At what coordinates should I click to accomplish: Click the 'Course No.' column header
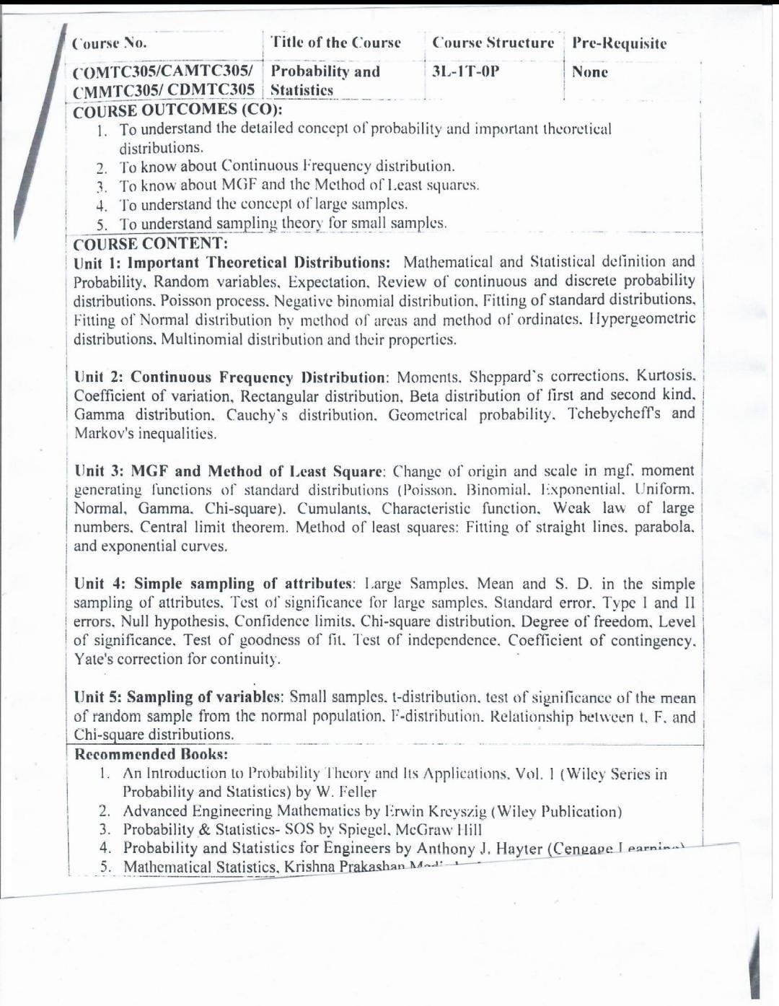110,43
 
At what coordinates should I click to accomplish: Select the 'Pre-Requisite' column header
619,43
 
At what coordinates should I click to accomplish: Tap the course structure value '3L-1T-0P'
465,71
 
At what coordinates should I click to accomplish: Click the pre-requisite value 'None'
589,72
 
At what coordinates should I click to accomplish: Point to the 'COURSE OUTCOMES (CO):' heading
177,110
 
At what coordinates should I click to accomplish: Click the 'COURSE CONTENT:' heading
150,243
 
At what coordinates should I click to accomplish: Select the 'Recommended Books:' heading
151,754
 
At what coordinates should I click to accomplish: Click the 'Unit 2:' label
99,377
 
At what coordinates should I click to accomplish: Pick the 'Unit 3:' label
99,471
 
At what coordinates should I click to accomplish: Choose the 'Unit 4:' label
100,584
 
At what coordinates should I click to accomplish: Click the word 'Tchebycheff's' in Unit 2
613,414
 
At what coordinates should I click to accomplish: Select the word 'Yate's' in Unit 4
92,659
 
